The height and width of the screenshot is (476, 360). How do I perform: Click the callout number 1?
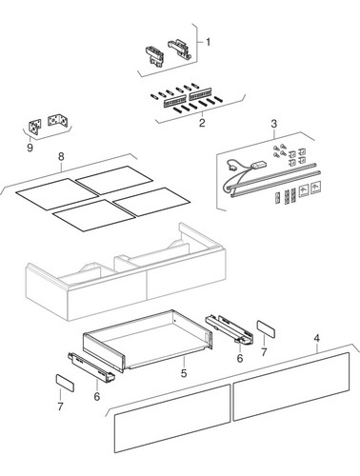[x=208, y=42]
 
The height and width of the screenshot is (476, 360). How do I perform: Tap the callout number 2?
[x=202, y=123]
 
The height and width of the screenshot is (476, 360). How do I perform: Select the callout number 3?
[x=274, y=124]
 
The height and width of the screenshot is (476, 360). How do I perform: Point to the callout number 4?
[x=316, y=339]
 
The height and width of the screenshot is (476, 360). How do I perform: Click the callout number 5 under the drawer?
[x=184, y=373]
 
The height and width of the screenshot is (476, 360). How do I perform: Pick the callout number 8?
[x=61, y=156]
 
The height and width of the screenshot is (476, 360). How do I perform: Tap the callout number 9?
[x=30, y=148]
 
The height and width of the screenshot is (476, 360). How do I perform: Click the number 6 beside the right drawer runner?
[x=240, y=358]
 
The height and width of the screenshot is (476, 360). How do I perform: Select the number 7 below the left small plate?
[x=60, y=407]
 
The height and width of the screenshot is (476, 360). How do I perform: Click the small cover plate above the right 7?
[x=266, y=328]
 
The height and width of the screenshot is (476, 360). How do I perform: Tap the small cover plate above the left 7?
[x=65, y=383]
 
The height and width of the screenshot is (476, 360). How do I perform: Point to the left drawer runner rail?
[x=91, y=367]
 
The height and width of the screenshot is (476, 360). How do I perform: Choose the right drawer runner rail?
[x=230, y=329]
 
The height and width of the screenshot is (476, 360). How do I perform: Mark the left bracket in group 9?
[x=34, y=127]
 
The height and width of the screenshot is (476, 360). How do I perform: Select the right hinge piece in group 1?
[x=179, y=50]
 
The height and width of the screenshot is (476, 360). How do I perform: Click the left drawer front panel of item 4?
[x=172, y=419]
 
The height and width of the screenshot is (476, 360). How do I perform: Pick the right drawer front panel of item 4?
[x=291, y=387]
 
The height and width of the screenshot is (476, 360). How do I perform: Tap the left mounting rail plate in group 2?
[x=174, y=100]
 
